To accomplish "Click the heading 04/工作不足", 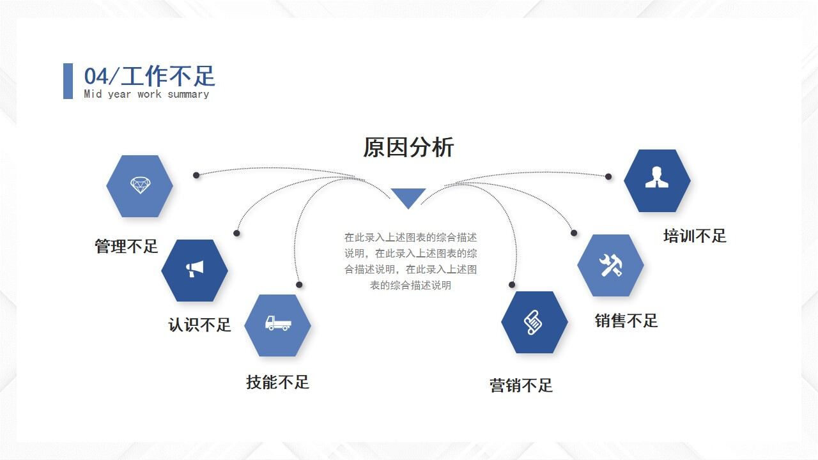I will tap(150, 76).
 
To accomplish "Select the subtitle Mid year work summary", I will tap(146, 95).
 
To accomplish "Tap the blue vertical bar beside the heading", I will tap(68, 81).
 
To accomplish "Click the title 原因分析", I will tap(408, 148).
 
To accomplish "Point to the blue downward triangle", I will tap(408, 197).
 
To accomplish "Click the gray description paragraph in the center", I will tap(410, 261).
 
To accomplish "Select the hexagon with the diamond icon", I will tap(139, 186).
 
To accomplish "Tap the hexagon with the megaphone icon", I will tap(194, 270).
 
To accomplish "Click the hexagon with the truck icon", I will tap(277, 325).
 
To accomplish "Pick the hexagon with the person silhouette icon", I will tap(657, 181).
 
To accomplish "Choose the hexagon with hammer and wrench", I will tap(610, 265).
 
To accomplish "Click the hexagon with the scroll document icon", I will tap(534, 322).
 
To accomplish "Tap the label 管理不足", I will tap(126, 247).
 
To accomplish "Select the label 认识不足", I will tap(199, 325).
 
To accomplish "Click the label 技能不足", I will tap(277, 383).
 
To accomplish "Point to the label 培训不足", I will tap(695, 236).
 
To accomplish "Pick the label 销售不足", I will tap(626, 321).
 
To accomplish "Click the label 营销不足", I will tap(521, 386).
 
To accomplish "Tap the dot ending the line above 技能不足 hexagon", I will tap(299, 285).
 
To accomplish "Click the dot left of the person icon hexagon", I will tap(608, 176).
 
